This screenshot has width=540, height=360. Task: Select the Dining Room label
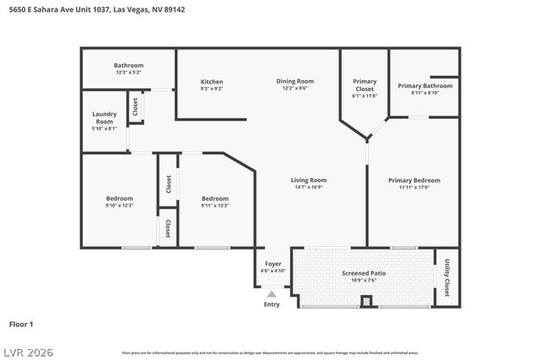[x=294, y=81]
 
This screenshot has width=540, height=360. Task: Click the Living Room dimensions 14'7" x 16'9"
[x=308, y=187]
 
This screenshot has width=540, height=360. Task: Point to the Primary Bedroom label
[x=413, y=180]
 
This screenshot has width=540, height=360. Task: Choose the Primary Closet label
[x=364, y=85]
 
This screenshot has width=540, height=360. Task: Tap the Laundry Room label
[x=105, y=117]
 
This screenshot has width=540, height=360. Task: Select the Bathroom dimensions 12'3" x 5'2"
[x=129, y=73]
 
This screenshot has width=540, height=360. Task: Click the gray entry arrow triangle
[x=272, y=294]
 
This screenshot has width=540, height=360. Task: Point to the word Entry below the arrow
[x=272, y=304]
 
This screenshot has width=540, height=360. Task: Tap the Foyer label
[x=273, y=264]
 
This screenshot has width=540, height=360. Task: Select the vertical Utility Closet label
[x=446, y=277]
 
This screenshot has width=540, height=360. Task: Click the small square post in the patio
[x=366, y=301]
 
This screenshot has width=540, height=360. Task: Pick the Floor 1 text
[x=21, y=324]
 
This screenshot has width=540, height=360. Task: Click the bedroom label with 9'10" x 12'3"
[x=119, y=198]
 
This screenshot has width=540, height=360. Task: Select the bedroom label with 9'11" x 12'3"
[x=215, y=198]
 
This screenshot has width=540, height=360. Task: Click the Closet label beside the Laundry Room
[x=135, y=108]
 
